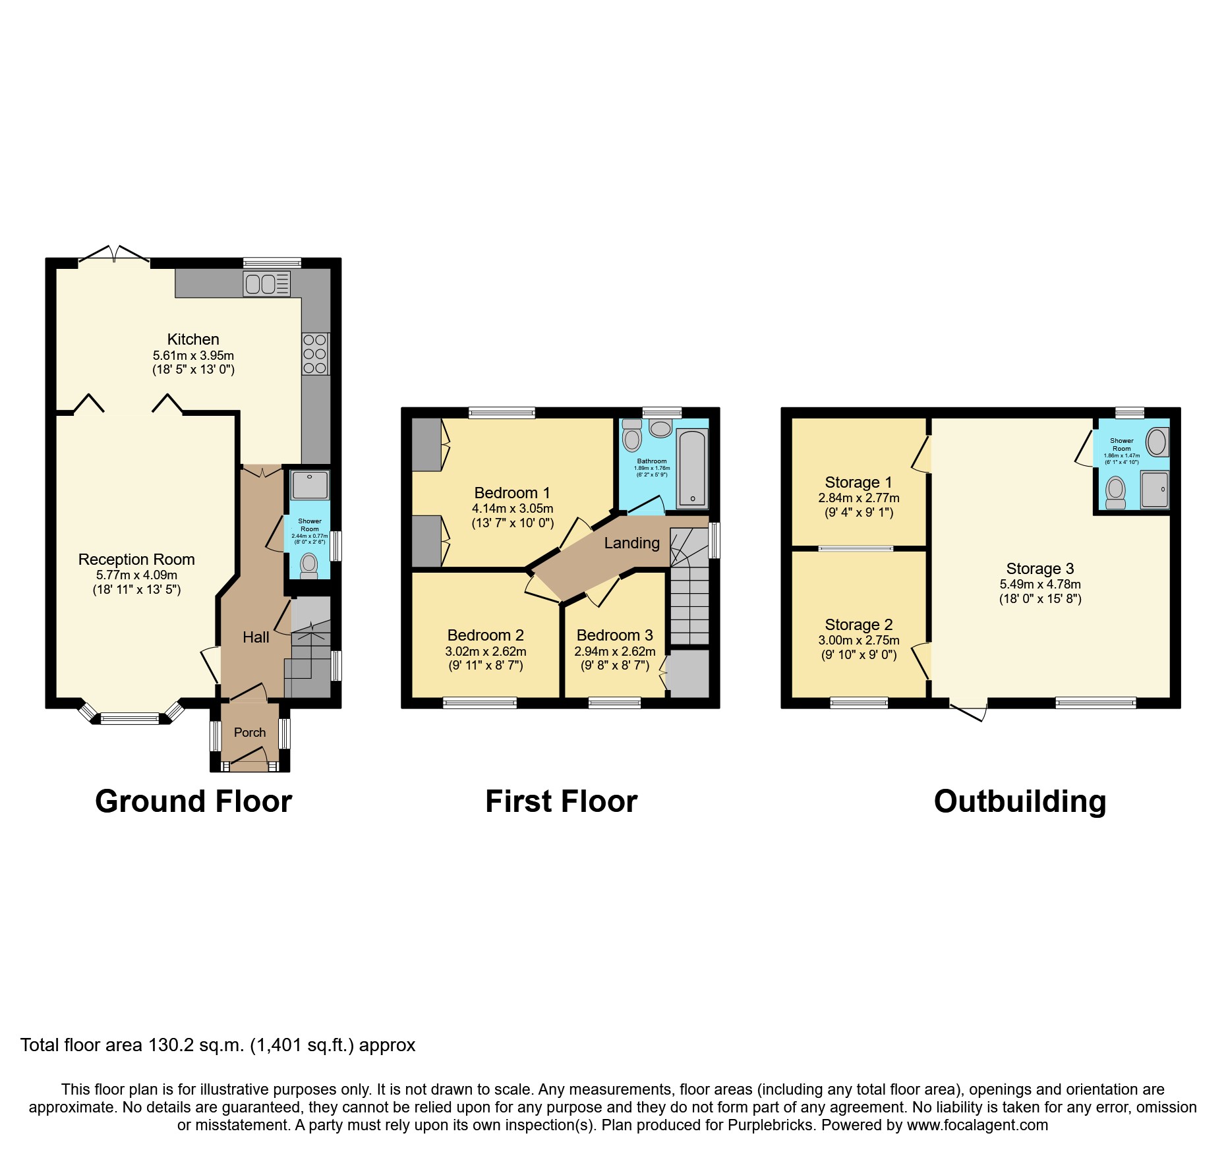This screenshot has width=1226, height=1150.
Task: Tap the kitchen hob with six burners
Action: pos(315,354)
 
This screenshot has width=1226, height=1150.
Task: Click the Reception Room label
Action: pos(136,560)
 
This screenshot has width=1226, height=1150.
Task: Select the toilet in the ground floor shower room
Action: pos(308,565)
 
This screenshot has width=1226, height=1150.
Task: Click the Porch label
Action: pos(250,732)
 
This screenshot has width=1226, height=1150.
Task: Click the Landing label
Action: pos(631,543)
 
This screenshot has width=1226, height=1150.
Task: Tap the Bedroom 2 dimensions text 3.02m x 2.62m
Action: pos(486,651)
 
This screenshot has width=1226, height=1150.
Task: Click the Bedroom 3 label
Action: pos(614,635)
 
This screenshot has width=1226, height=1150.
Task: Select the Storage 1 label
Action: pos(858,482)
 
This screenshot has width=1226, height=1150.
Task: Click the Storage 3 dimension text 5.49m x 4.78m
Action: pos(1040,584)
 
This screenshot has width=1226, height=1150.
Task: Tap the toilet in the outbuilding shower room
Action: pos(1115,492)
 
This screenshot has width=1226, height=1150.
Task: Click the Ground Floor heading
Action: pos(193,802)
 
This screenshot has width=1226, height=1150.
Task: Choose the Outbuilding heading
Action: pos(1020,802)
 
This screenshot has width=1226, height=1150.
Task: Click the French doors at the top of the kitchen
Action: pos(114,256)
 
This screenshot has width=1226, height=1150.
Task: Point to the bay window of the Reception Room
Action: pos(130,718)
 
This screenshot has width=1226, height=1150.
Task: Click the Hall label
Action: pos(256,637)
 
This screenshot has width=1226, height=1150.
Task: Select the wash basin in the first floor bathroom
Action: pos(660,429)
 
